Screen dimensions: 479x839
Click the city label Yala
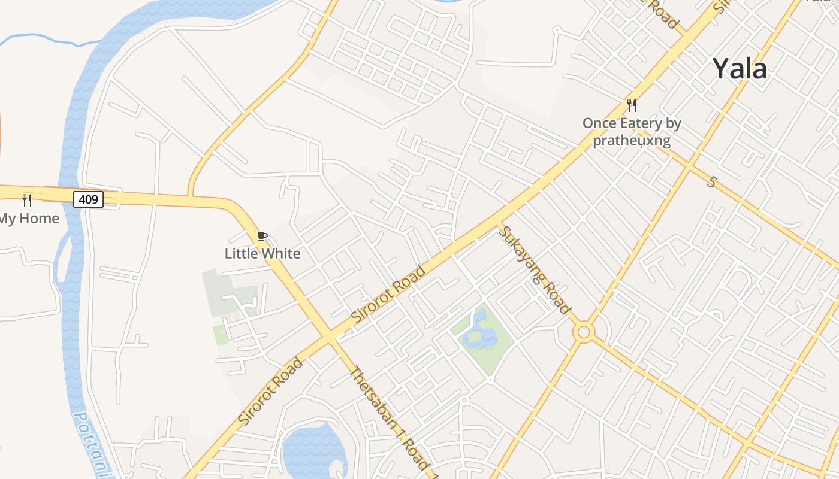(x=740, y=69)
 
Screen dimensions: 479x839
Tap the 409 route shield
(x=88, y=199)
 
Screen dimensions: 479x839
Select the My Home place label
(x=29, y=219)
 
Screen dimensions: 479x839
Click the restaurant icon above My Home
(x=27, y=200)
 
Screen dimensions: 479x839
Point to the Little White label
(x=262, y=253)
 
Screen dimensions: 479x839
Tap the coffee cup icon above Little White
(x=262, y=236)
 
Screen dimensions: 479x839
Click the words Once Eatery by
(x=632, y=123)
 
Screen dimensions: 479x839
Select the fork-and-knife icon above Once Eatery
(x=631, y=105)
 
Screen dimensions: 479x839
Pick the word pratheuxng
(x=631, y=141)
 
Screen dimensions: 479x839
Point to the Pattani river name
(x=87, y=443)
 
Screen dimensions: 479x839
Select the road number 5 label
(x=711, y=181)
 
